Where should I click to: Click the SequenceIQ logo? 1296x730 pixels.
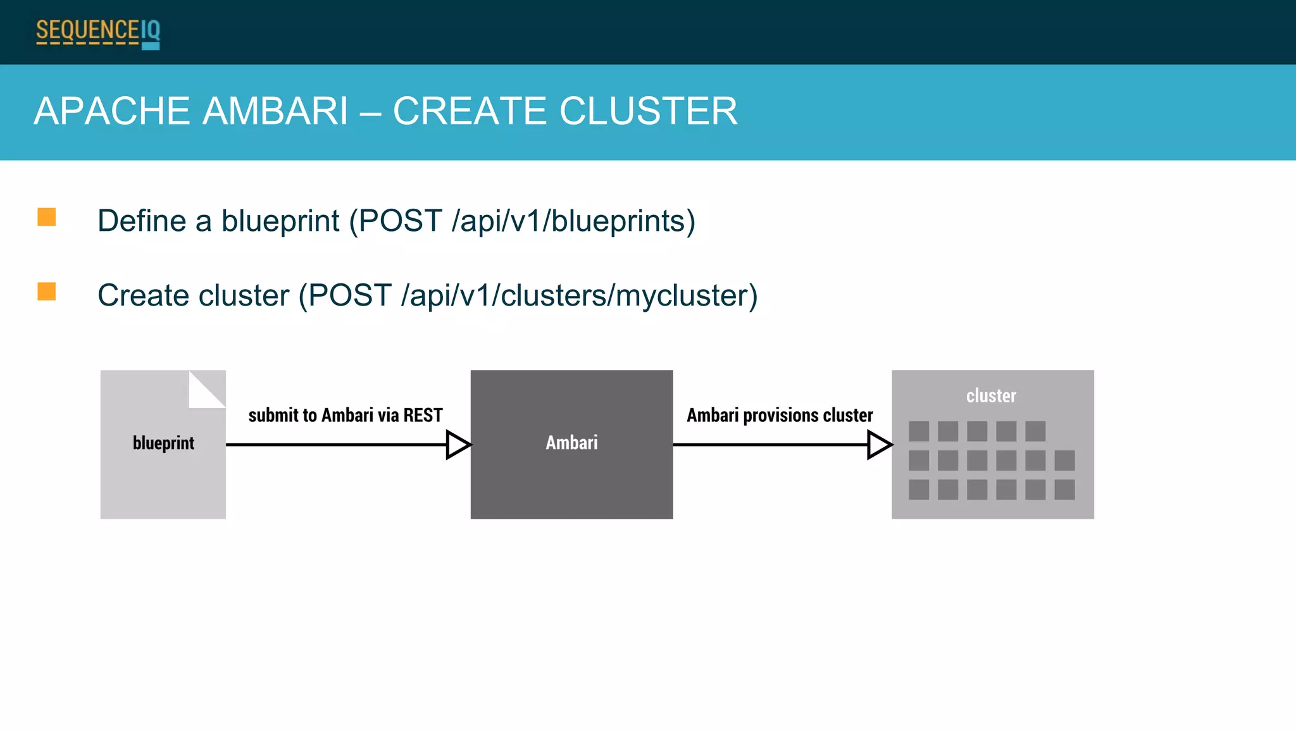point(98,33)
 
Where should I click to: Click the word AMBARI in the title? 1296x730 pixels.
point(275,111)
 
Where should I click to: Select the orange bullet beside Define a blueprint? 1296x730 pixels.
point(47,217)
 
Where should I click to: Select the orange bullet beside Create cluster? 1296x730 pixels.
point(47,292)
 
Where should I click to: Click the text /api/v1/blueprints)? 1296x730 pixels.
point(573,221)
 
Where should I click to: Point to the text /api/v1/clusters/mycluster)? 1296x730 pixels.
point(579,296)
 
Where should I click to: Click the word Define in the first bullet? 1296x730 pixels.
point(142,221)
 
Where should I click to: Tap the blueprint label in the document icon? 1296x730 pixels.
point(163,443)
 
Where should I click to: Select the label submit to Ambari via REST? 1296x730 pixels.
point(345,416)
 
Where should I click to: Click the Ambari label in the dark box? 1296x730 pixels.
point(571,443)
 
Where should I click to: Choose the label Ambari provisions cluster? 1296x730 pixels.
point(780,416)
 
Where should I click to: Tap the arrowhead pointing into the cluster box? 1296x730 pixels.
point(879,445)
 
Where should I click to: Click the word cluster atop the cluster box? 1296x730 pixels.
point(991,396)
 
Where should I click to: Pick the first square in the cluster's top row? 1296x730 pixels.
point(919,431)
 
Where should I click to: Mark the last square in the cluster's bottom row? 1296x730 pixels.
point(1064,490)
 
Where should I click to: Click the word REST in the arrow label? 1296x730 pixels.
point(423,416)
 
